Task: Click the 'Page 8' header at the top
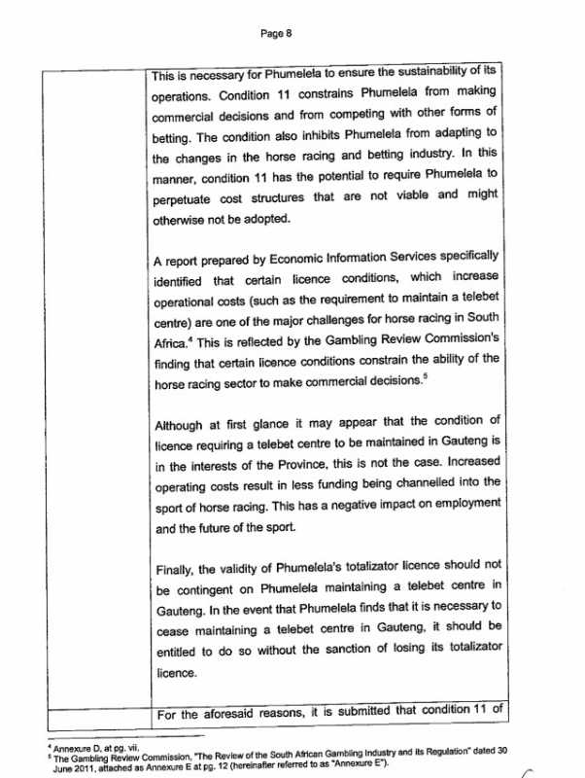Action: tap(277, 33)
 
